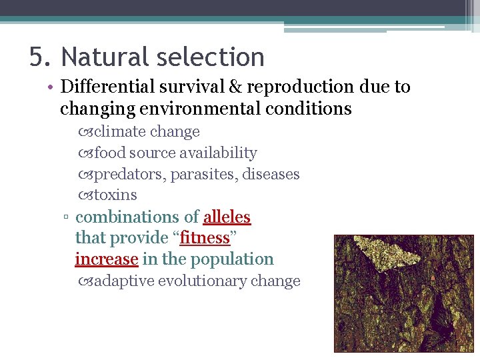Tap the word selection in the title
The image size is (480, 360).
[x=212, y=57]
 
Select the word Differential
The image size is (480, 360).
[x=107, y=87]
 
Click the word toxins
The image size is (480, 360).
[x=115, y=195]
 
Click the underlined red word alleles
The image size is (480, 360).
[x=227, y=217]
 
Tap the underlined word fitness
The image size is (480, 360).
[x=205, y=238]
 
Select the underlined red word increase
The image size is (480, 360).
[x=106, y=259]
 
